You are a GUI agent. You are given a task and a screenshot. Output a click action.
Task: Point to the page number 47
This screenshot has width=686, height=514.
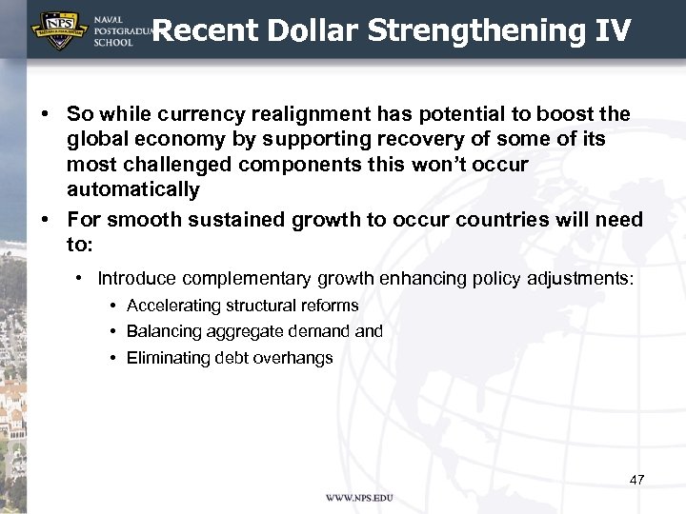tap(637, 479)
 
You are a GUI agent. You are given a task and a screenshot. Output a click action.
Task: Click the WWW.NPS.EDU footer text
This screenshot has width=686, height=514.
tap(359, 498)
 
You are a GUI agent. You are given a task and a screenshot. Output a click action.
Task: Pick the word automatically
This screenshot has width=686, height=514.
tap(132, 189)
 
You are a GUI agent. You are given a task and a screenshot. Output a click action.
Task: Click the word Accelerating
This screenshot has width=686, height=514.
tap(174, 306)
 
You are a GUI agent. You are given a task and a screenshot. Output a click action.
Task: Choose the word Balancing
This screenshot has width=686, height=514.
tap(165, 331)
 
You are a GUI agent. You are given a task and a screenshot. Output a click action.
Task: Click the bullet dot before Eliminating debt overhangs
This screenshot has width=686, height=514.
tap(112, 358)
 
